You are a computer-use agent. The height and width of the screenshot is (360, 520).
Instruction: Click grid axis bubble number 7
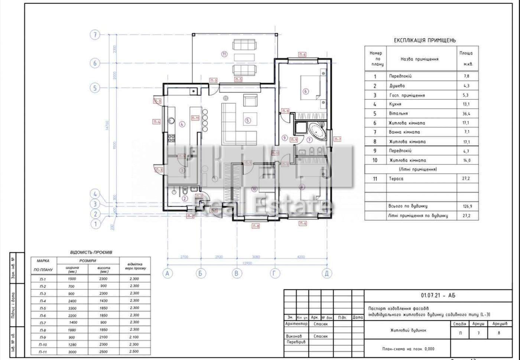point(95,35)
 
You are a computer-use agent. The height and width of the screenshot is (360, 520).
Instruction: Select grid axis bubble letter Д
point(326,273)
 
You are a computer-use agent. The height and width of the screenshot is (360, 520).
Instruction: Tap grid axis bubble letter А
point(168,273)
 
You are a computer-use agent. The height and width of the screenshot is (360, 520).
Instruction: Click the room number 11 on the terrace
point(224,54)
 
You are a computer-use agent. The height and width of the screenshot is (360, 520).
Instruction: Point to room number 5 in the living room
point(248,120)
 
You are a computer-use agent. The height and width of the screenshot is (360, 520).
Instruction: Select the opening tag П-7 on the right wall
point(337,139)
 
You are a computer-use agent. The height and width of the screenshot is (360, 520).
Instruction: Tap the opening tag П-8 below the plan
point(256,226)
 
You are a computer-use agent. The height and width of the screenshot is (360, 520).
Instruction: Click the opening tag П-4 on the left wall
point(156,121)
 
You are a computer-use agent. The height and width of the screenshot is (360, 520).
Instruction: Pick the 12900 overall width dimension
point(247,263)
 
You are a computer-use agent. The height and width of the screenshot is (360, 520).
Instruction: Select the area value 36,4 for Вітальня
point(467,114)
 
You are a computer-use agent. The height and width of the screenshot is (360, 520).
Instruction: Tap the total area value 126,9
point(467,206)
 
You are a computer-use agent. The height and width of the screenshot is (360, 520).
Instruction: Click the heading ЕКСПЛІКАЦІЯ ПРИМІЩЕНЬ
point(425,40)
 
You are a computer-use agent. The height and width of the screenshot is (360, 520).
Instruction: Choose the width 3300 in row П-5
point(72,308)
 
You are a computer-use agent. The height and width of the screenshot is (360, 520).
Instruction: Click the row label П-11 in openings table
point(43,351)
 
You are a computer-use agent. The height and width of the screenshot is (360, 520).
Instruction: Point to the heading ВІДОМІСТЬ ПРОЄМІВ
point(91,252)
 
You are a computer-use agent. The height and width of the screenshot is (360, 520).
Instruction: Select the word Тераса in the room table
point(396,179)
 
